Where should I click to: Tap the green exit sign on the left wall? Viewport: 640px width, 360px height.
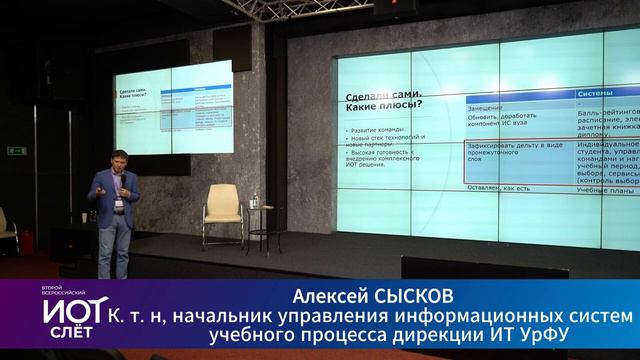coord(16,151)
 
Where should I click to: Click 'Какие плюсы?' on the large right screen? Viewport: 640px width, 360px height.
coord(383,104)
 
